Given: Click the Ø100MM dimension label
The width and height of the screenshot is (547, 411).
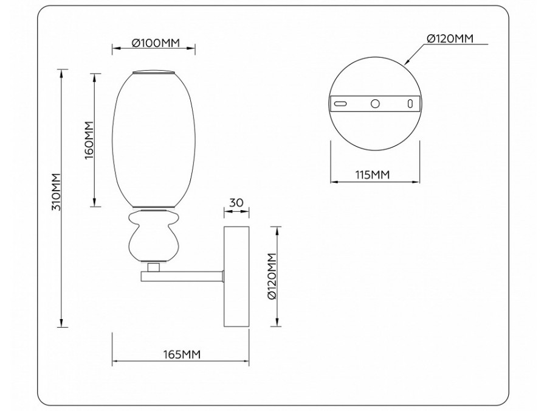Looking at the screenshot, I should click(x=156, y=43).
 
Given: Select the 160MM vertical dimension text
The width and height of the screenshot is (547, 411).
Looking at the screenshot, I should click(x=88, y=140).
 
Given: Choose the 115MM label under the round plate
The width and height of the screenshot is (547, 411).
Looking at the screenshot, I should click(x=372, y=175).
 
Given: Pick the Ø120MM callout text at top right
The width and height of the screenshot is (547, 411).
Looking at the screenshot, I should click(x=449, y=39).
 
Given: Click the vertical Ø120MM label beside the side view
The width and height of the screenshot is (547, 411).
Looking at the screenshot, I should click(x=272, y=278).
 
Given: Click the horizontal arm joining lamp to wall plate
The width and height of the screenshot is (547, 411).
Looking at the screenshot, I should click(x=182, y=276).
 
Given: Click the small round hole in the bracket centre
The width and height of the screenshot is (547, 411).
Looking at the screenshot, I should click(x=375, y=104).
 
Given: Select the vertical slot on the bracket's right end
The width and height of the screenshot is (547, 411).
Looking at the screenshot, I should click(x=410, y=104).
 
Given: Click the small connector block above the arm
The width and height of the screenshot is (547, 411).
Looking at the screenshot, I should click(x=154, y=267).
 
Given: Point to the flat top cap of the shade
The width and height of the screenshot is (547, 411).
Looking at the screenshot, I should click(x=154, y=72).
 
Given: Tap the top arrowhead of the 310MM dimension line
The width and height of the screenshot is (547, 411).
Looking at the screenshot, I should click(x=62, y=72).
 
